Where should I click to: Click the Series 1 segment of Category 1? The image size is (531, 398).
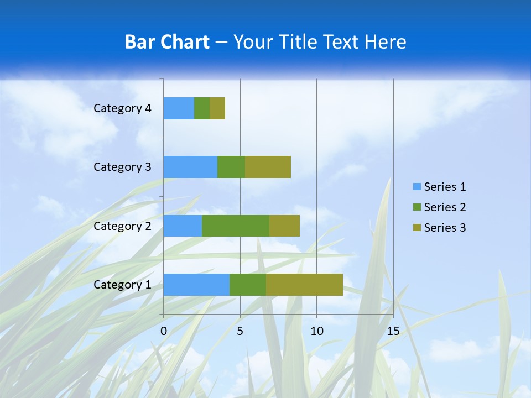pyautogui.click(x=196, y=285)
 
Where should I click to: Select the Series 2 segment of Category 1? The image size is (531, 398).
pyautogui.click(x=248, y=285)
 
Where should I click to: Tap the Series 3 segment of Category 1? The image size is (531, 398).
pyautogui.click(x=304, y=285)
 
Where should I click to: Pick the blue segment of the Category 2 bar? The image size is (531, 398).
pyautogui.click(x=183, y=226)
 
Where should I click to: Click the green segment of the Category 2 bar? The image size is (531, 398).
pyautogui.click(x=236, y=226)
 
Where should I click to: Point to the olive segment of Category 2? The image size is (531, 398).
pyautogui.click(x=284, y=226)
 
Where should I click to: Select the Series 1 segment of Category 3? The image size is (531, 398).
pyautogui.click(x=190, y=167)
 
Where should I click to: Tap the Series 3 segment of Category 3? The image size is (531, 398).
pyautogui.click(x=268, y=167)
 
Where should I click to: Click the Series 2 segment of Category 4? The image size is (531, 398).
pyautogui.click(x=202, y=108)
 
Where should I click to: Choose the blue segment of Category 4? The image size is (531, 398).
pyautogui.click(x=179, y=108)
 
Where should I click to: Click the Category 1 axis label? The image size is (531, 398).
pyautogui.click(x=122, y=285)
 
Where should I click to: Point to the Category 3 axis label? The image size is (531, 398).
pyautogui.click(x=122, y=167)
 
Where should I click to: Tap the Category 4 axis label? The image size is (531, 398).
pyautogui.click(x=122, y=108)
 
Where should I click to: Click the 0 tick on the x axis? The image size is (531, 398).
pyautogui.click(x=164, y=331)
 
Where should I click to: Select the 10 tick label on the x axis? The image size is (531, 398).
pyautogui.click(x=316, y=331)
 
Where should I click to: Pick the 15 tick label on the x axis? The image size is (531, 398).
pyautogui.click(x=393, y=331)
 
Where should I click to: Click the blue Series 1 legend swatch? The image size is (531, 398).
pyautogui.click(x=417, y=187)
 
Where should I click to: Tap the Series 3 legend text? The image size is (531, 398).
pyautogui.click(x=445, y=228)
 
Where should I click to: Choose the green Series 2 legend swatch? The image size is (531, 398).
pyautogui.click(x=417, y=207)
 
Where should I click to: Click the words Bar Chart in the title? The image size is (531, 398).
pyautogui.click(x=167, y=42)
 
